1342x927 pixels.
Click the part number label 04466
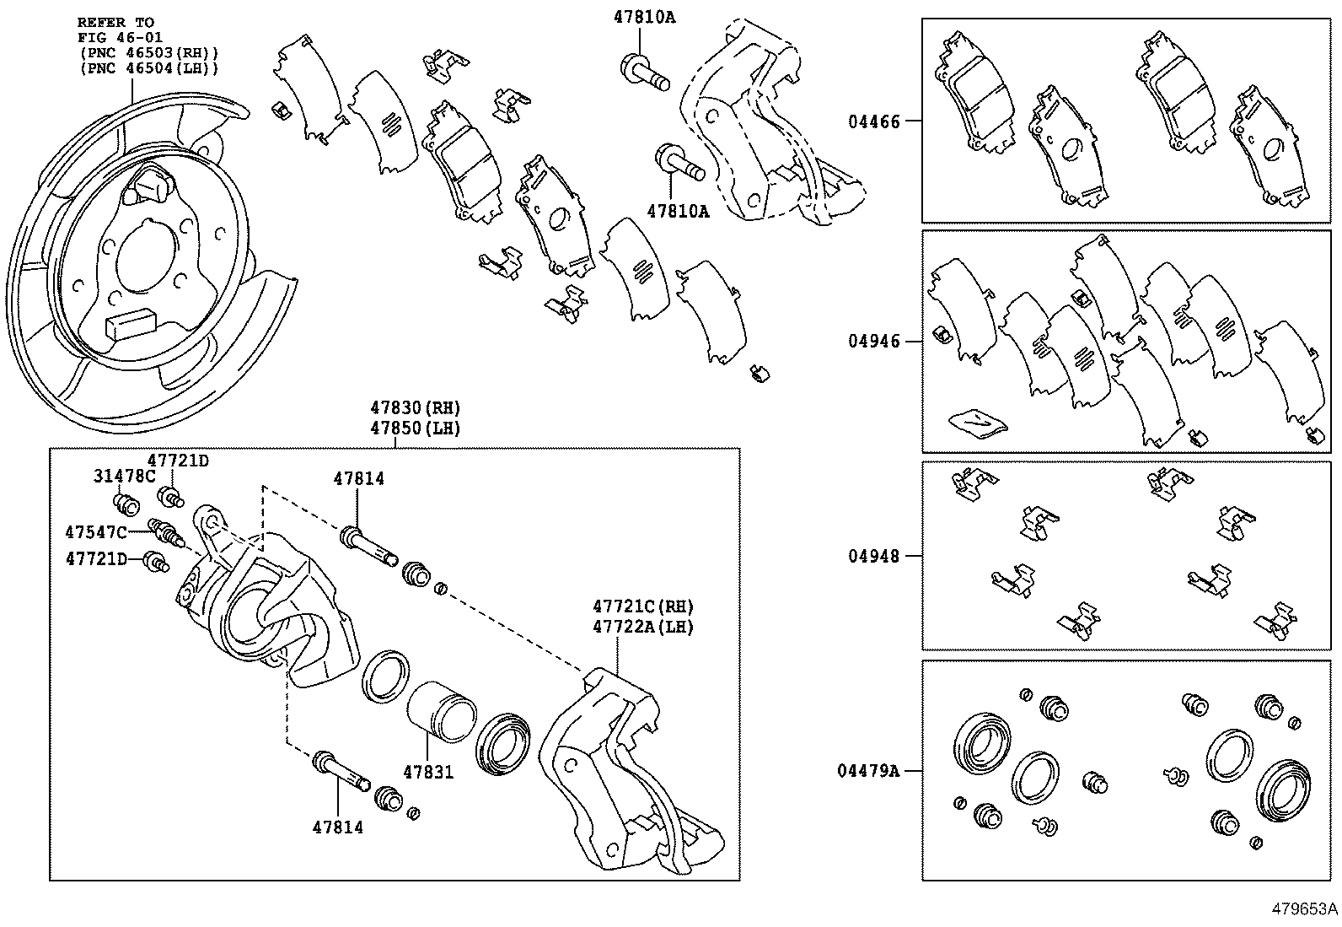click(873, 121)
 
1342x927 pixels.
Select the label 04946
click(873, 342)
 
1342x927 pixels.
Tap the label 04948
click(873, 557)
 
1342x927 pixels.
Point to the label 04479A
click(868, 771)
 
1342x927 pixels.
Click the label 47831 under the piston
click(427, 772)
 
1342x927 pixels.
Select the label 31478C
click(124, 477)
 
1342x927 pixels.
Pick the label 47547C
click(96, 532)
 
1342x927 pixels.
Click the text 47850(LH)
click(415, 428)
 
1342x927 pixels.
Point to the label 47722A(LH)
click(642, 628)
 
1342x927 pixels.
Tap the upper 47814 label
click(358, 479)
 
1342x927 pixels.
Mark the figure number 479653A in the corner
click(1305, 909)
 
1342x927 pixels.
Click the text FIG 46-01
click(121, 37)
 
